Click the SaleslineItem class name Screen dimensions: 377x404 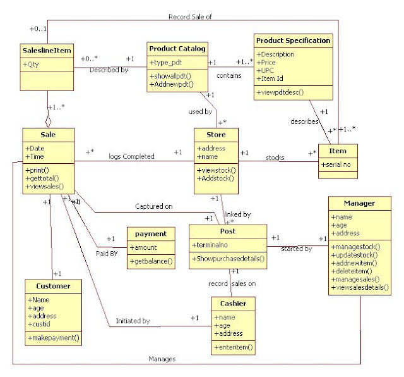[x=47, y=50]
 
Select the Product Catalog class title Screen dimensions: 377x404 [x=177, y=48]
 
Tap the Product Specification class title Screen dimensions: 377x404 [x=293, y=40]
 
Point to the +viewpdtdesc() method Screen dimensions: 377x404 [x=281, y=92]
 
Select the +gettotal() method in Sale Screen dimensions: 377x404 [x=45, y=178]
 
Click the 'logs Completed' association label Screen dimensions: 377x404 [x=131, y=156]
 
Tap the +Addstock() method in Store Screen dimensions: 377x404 [x=216, y=179]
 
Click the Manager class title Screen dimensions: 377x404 [x=359, y=204]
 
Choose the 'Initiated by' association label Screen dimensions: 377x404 [x=133, y=321]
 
